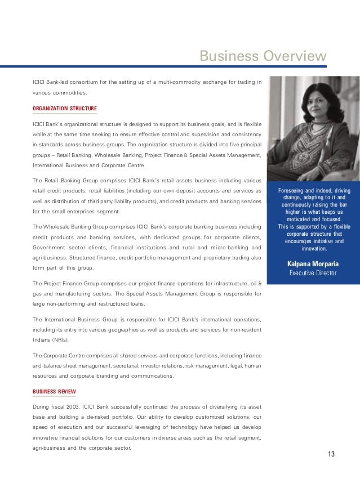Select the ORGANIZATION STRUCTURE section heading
click(x=65, y=108)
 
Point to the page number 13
click(x=331, y=454)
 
